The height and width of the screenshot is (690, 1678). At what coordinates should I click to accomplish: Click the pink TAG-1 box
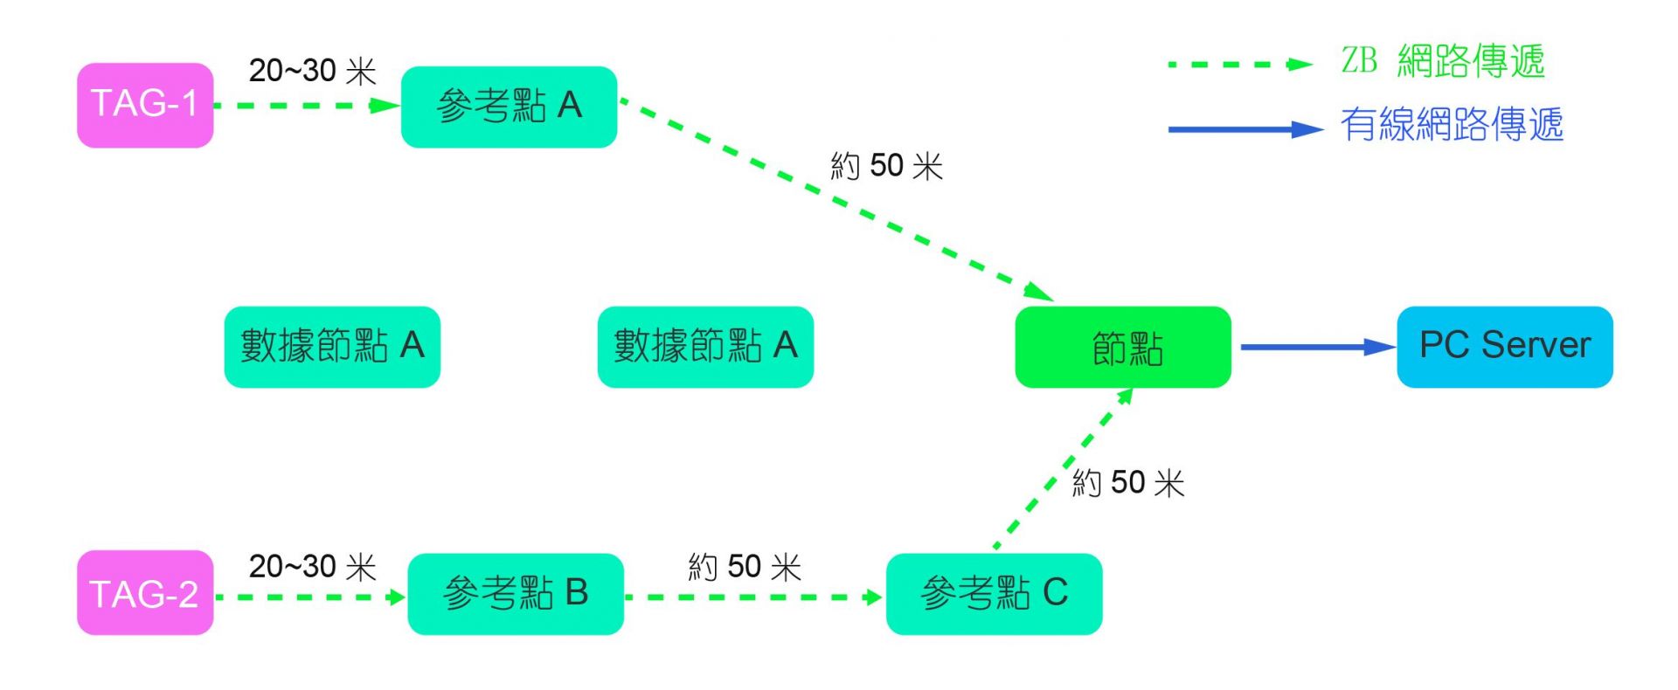(145, 105)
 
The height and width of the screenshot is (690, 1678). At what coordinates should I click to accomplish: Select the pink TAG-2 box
(145, 593)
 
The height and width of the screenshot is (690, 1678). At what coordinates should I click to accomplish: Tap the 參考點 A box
(509, 107)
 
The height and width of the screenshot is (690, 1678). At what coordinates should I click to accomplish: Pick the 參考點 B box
(516, 594)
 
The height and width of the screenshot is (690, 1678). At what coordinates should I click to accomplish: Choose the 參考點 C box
(994, 594)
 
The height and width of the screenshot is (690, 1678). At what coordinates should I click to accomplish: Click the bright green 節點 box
(1123, 347)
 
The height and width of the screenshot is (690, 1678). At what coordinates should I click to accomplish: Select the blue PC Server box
(1504, 347)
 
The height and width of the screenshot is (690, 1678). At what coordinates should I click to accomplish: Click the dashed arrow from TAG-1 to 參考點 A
(306, 106)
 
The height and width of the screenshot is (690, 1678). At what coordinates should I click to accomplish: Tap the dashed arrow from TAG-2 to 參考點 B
(310, 597)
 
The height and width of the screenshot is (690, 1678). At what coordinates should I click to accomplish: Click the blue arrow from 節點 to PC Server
(1315, 347)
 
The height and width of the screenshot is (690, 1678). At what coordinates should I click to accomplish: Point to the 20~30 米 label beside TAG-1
(312, 71)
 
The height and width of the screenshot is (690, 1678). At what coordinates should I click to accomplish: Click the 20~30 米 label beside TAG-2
(312, 567)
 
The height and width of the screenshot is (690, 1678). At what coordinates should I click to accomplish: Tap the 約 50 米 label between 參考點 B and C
(745, 567)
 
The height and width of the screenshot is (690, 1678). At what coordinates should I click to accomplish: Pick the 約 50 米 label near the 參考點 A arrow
(886, 165)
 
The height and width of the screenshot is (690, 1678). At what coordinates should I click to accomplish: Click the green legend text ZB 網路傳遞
(1443, 61)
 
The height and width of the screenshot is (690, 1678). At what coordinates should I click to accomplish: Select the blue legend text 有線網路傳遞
(1452, 125)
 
